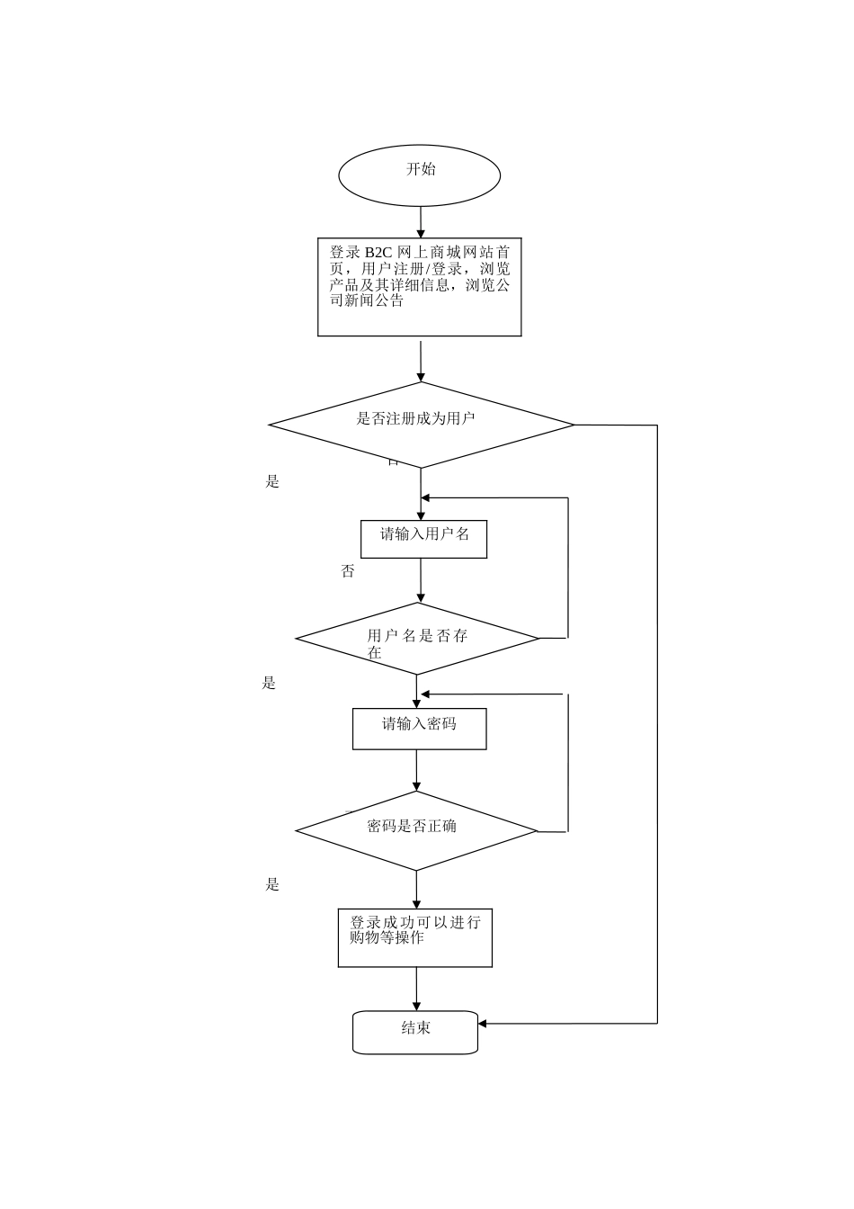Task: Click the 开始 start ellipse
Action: pyautogui.click(x=419, y=175)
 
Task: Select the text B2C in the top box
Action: pyautogui.click(x=380, y=253)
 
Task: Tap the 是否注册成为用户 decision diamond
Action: pyautogui.click(x=421, y=425)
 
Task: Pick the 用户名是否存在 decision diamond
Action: pyautogui.click(x=417, y=639)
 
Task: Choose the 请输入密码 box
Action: pyautogui.click(x=419, y=729)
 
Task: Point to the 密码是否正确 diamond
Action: pyautogui.click(x=416, y=830)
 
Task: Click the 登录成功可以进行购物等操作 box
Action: pyautogui.click(x=414, y=937)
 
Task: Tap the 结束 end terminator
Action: pyautogui.click(x=414, y=1031)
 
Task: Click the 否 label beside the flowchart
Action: pyautogui.click(x=348, y=572)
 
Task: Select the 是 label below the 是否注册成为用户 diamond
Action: pyautogui.click(x=272, y=482)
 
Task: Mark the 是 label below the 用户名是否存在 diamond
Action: pyautogui.click(x=269, y=684)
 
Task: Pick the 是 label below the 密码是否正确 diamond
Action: pyautogui.click(x=272, y=885)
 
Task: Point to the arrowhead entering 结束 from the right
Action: pyautogui.click(x=483, y=1024)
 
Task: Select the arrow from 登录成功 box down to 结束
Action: pyautogui.click(x=416, y=990)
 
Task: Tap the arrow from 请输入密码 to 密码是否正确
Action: pyautogui.click(x=416, y=771)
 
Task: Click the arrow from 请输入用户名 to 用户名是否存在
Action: pyautogui.click(x=421, y=581)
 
